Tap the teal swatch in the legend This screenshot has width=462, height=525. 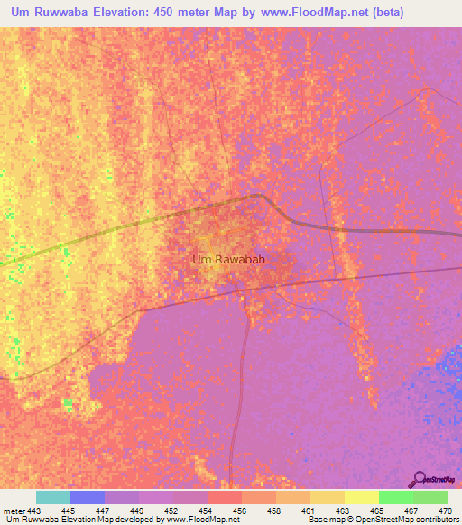tap(53, 497)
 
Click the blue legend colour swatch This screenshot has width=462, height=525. tap(88, 497)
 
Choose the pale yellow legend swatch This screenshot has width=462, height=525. tap(362, 497)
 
